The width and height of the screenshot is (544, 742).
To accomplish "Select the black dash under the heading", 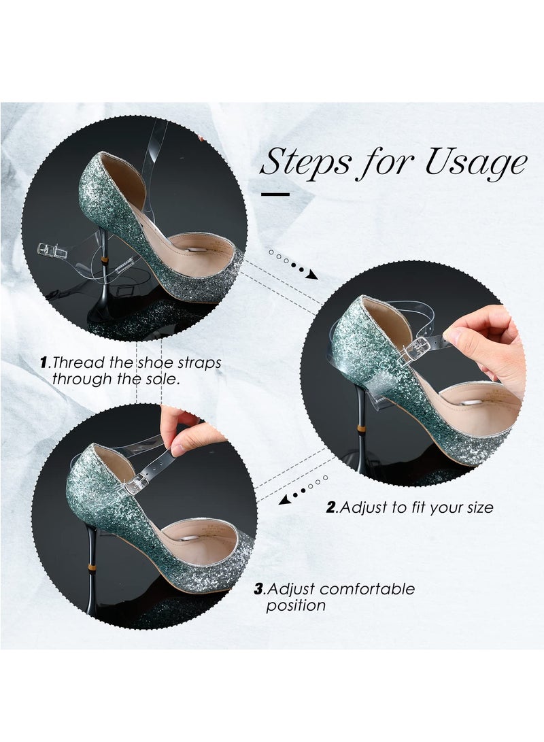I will click(x=275, y=195).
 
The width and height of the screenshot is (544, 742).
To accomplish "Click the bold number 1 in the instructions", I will click(x=44, y=363).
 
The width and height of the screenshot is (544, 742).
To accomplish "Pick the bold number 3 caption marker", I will click(x=258, y=589).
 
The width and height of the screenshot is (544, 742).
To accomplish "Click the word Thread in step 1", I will click(x=75, y=363).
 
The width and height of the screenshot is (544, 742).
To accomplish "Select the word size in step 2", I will click(x=477, y=507).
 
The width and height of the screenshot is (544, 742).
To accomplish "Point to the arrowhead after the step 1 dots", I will click(x=312, y=275).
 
